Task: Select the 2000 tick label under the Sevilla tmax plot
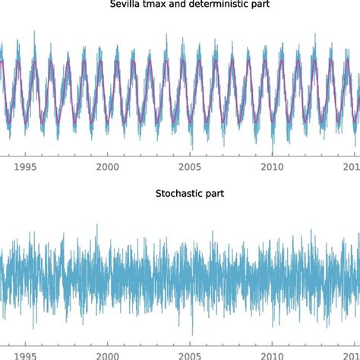point(108,167)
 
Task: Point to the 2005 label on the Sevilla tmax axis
point(190,167)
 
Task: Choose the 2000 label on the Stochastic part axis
point(108,354)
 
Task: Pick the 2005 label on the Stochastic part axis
point(190,354)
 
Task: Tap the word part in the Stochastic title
point(212,194)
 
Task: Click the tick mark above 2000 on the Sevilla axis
point(108,157)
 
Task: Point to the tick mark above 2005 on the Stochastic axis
point(190,343)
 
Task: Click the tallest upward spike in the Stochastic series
point(97,226)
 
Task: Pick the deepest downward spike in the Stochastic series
point(192,334)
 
